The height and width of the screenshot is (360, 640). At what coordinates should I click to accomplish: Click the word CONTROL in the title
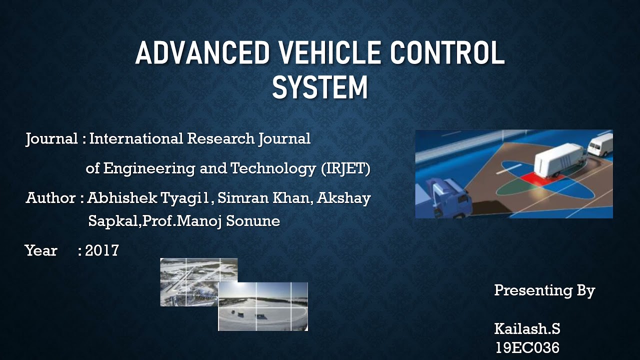447,53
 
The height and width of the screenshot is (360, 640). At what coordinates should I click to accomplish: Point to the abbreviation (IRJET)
345,169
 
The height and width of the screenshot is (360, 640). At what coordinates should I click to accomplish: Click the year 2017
102,250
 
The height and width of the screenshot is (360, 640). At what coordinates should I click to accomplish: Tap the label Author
50,198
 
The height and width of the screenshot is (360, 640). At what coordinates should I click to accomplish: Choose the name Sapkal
113,221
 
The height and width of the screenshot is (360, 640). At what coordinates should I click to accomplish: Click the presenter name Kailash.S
527,329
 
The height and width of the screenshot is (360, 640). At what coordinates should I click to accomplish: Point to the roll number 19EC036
527,347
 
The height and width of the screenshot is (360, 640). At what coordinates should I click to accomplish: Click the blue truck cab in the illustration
450,197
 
